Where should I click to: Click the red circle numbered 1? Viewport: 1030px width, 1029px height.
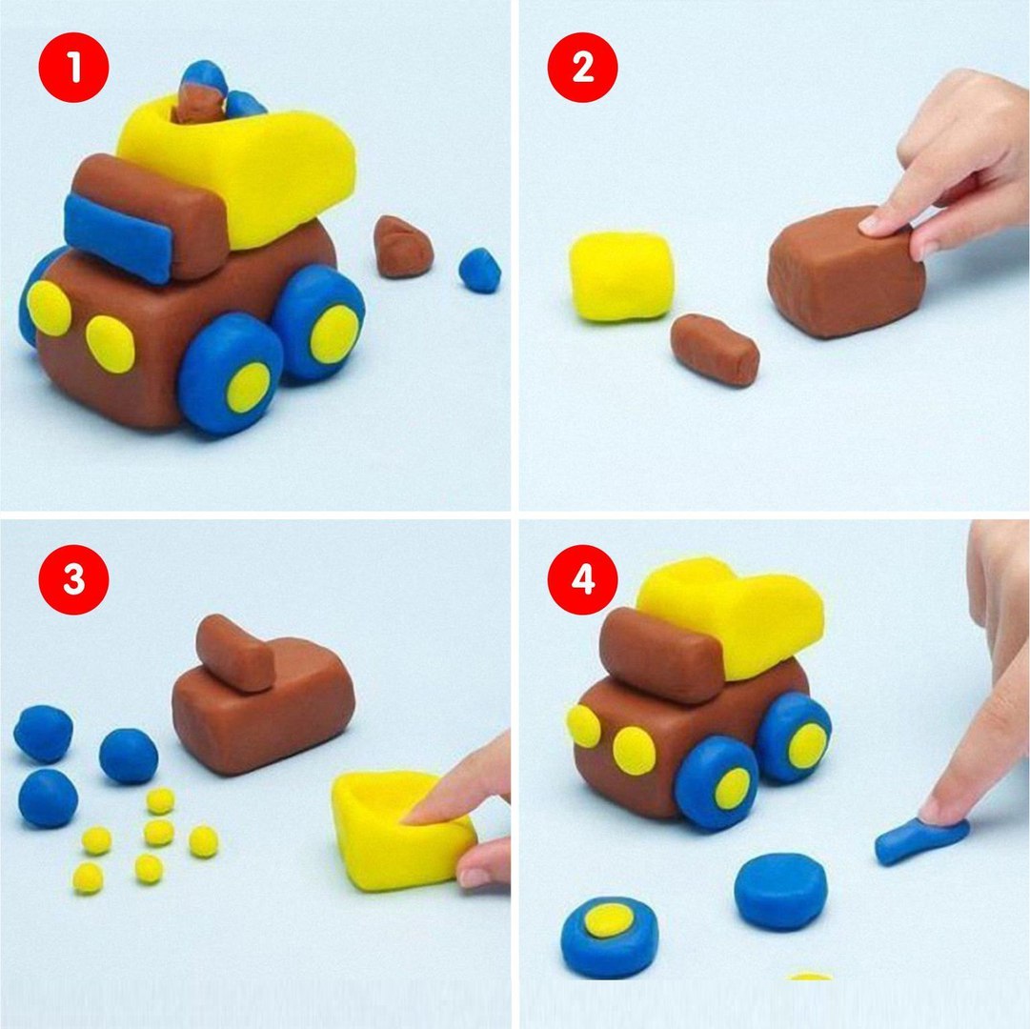[x=73, y=67]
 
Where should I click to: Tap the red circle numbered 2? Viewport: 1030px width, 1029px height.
[x=583, y=67]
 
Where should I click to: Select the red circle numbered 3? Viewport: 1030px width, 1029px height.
[x=73, y=579]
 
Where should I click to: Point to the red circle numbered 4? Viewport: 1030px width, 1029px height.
[x=583, y=579]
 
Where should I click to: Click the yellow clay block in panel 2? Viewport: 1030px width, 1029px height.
[x=620, y=276]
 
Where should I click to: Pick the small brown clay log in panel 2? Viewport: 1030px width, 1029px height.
[x=715, y=350]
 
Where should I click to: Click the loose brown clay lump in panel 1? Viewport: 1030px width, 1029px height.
[x=402, y=248]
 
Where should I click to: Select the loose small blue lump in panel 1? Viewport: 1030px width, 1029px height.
[x=479, y=270]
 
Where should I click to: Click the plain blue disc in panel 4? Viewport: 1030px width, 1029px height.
[x=780, y=891]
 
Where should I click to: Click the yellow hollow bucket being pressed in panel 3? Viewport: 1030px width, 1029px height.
[x=402, y=831]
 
